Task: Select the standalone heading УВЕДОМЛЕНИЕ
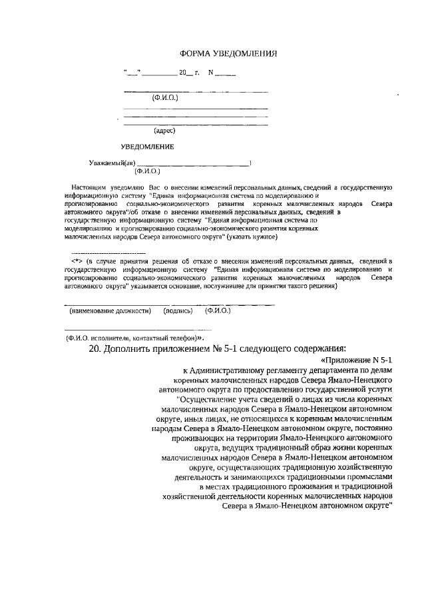pos(147,146)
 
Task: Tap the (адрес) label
pos(164,131)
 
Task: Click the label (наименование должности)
pos(110,310)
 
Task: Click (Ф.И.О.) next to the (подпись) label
pos(217,310)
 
